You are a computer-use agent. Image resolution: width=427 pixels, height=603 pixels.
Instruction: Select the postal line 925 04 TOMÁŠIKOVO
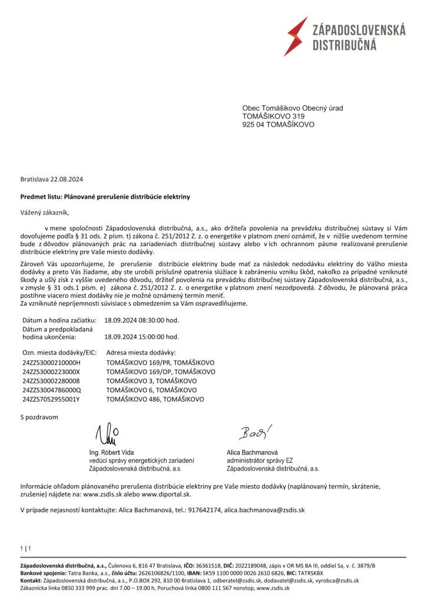(279, 125)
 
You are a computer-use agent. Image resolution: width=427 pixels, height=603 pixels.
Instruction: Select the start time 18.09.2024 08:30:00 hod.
(141, 320)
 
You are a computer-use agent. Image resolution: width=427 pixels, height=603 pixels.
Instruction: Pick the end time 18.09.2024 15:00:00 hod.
(141, 337)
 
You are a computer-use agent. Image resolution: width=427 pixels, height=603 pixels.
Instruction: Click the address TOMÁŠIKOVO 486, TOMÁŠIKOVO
(155, 399)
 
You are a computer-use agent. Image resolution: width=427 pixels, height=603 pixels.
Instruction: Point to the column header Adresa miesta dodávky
(140, 352)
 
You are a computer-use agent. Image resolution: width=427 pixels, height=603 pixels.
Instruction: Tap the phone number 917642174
(205, 509)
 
